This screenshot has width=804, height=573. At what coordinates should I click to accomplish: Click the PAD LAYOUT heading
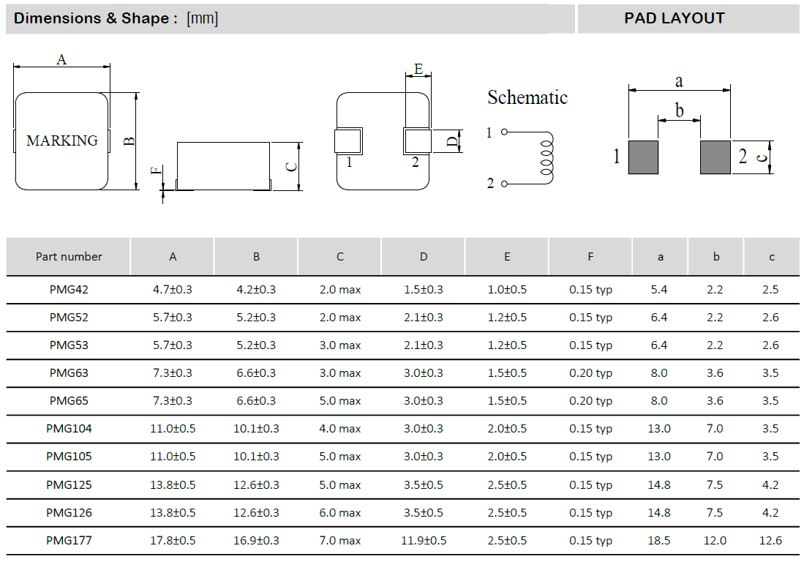pos(674,18)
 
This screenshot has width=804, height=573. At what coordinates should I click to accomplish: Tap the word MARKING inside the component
pos(61,141)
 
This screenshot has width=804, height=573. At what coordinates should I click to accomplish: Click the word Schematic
pos(527,97)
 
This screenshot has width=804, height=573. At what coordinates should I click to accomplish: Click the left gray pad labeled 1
pos(644,157)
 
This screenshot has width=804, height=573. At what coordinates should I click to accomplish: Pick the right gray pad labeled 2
pos(715,157)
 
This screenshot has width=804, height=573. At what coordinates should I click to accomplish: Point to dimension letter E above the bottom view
pos(418,69)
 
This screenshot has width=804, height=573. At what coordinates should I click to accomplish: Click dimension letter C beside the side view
pos(291,166)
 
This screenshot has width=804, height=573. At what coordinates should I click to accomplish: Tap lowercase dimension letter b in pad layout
pos(680,111)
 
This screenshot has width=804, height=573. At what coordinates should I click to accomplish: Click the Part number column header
pos(69,257)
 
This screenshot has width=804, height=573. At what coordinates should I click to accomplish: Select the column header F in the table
pos(590,257)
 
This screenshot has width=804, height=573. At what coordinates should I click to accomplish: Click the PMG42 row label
pos(69,290)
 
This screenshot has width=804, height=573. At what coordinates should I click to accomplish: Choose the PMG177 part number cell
pos(69,541)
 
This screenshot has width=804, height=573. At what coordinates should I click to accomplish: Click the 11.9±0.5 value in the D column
pos(424,541)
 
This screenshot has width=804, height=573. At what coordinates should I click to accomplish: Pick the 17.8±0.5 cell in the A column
pos(173,541)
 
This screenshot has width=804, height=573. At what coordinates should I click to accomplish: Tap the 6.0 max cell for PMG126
pos(340,513)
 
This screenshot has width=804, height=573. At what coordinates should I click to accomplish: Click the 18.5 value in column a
pos(659,541)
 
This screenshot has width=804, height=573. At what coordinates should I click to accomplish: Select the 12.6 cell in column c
pos(770,541)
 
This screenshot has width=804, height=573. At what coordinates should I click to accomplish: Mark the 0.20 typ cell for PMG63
pos(590,373)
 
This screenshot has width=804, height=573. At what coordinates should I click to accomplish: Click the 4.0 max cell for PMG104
pos(340,429)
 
